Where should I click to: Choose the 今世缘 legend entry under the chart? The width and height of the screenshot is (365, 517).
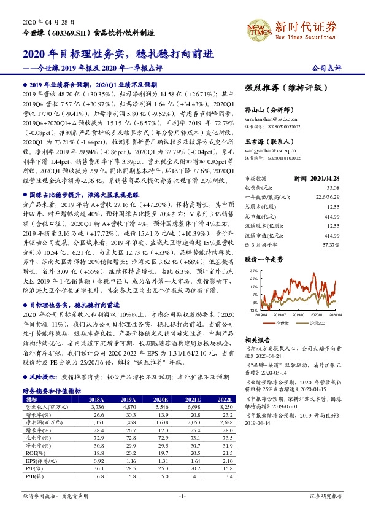(x=283, y=322)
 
